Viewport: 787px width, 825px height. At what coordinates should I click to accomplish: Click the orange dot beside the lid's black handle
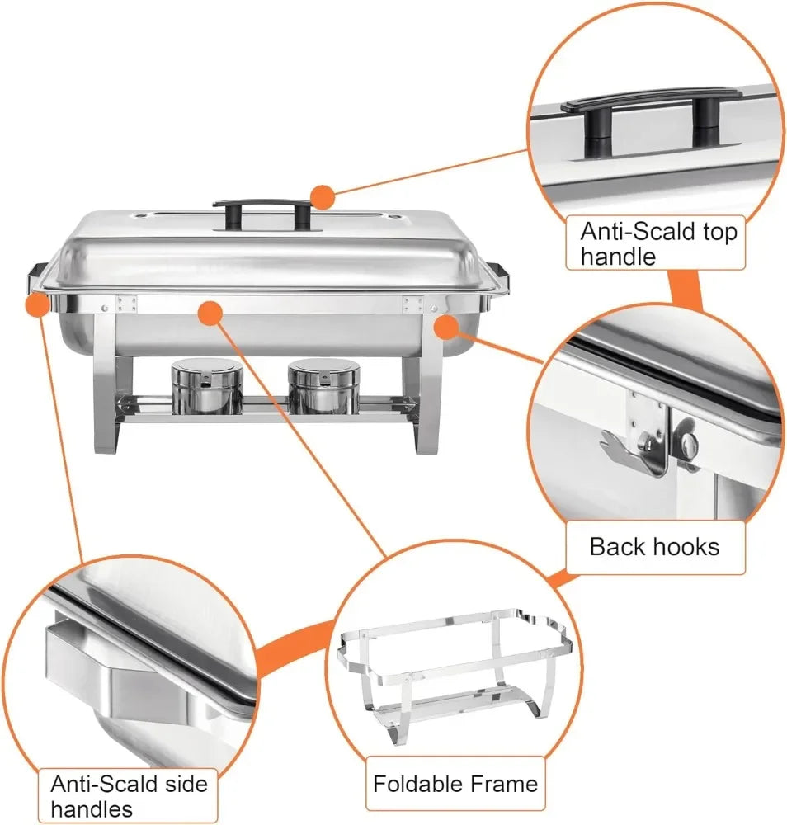(x=322, y=197)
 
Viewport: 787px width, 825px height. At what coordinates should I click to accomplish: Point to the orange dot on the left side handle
(x=37, y=305)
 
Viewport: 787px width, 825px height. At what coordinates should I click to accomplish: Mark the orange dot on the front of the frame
(x=211, y=313)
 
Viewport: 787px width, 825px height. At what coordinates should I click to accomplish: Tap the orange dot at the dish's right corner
(x=445, y=327)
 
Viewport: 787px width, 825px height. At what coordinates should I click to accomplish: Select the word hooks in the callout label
(x=686, y=546)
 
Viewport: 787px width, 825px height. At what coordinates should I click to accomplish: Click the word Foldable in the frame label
(x=412, y=783)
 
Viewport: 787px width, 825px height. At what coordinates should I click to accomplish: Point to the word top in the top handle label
(x=718, y=232)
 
